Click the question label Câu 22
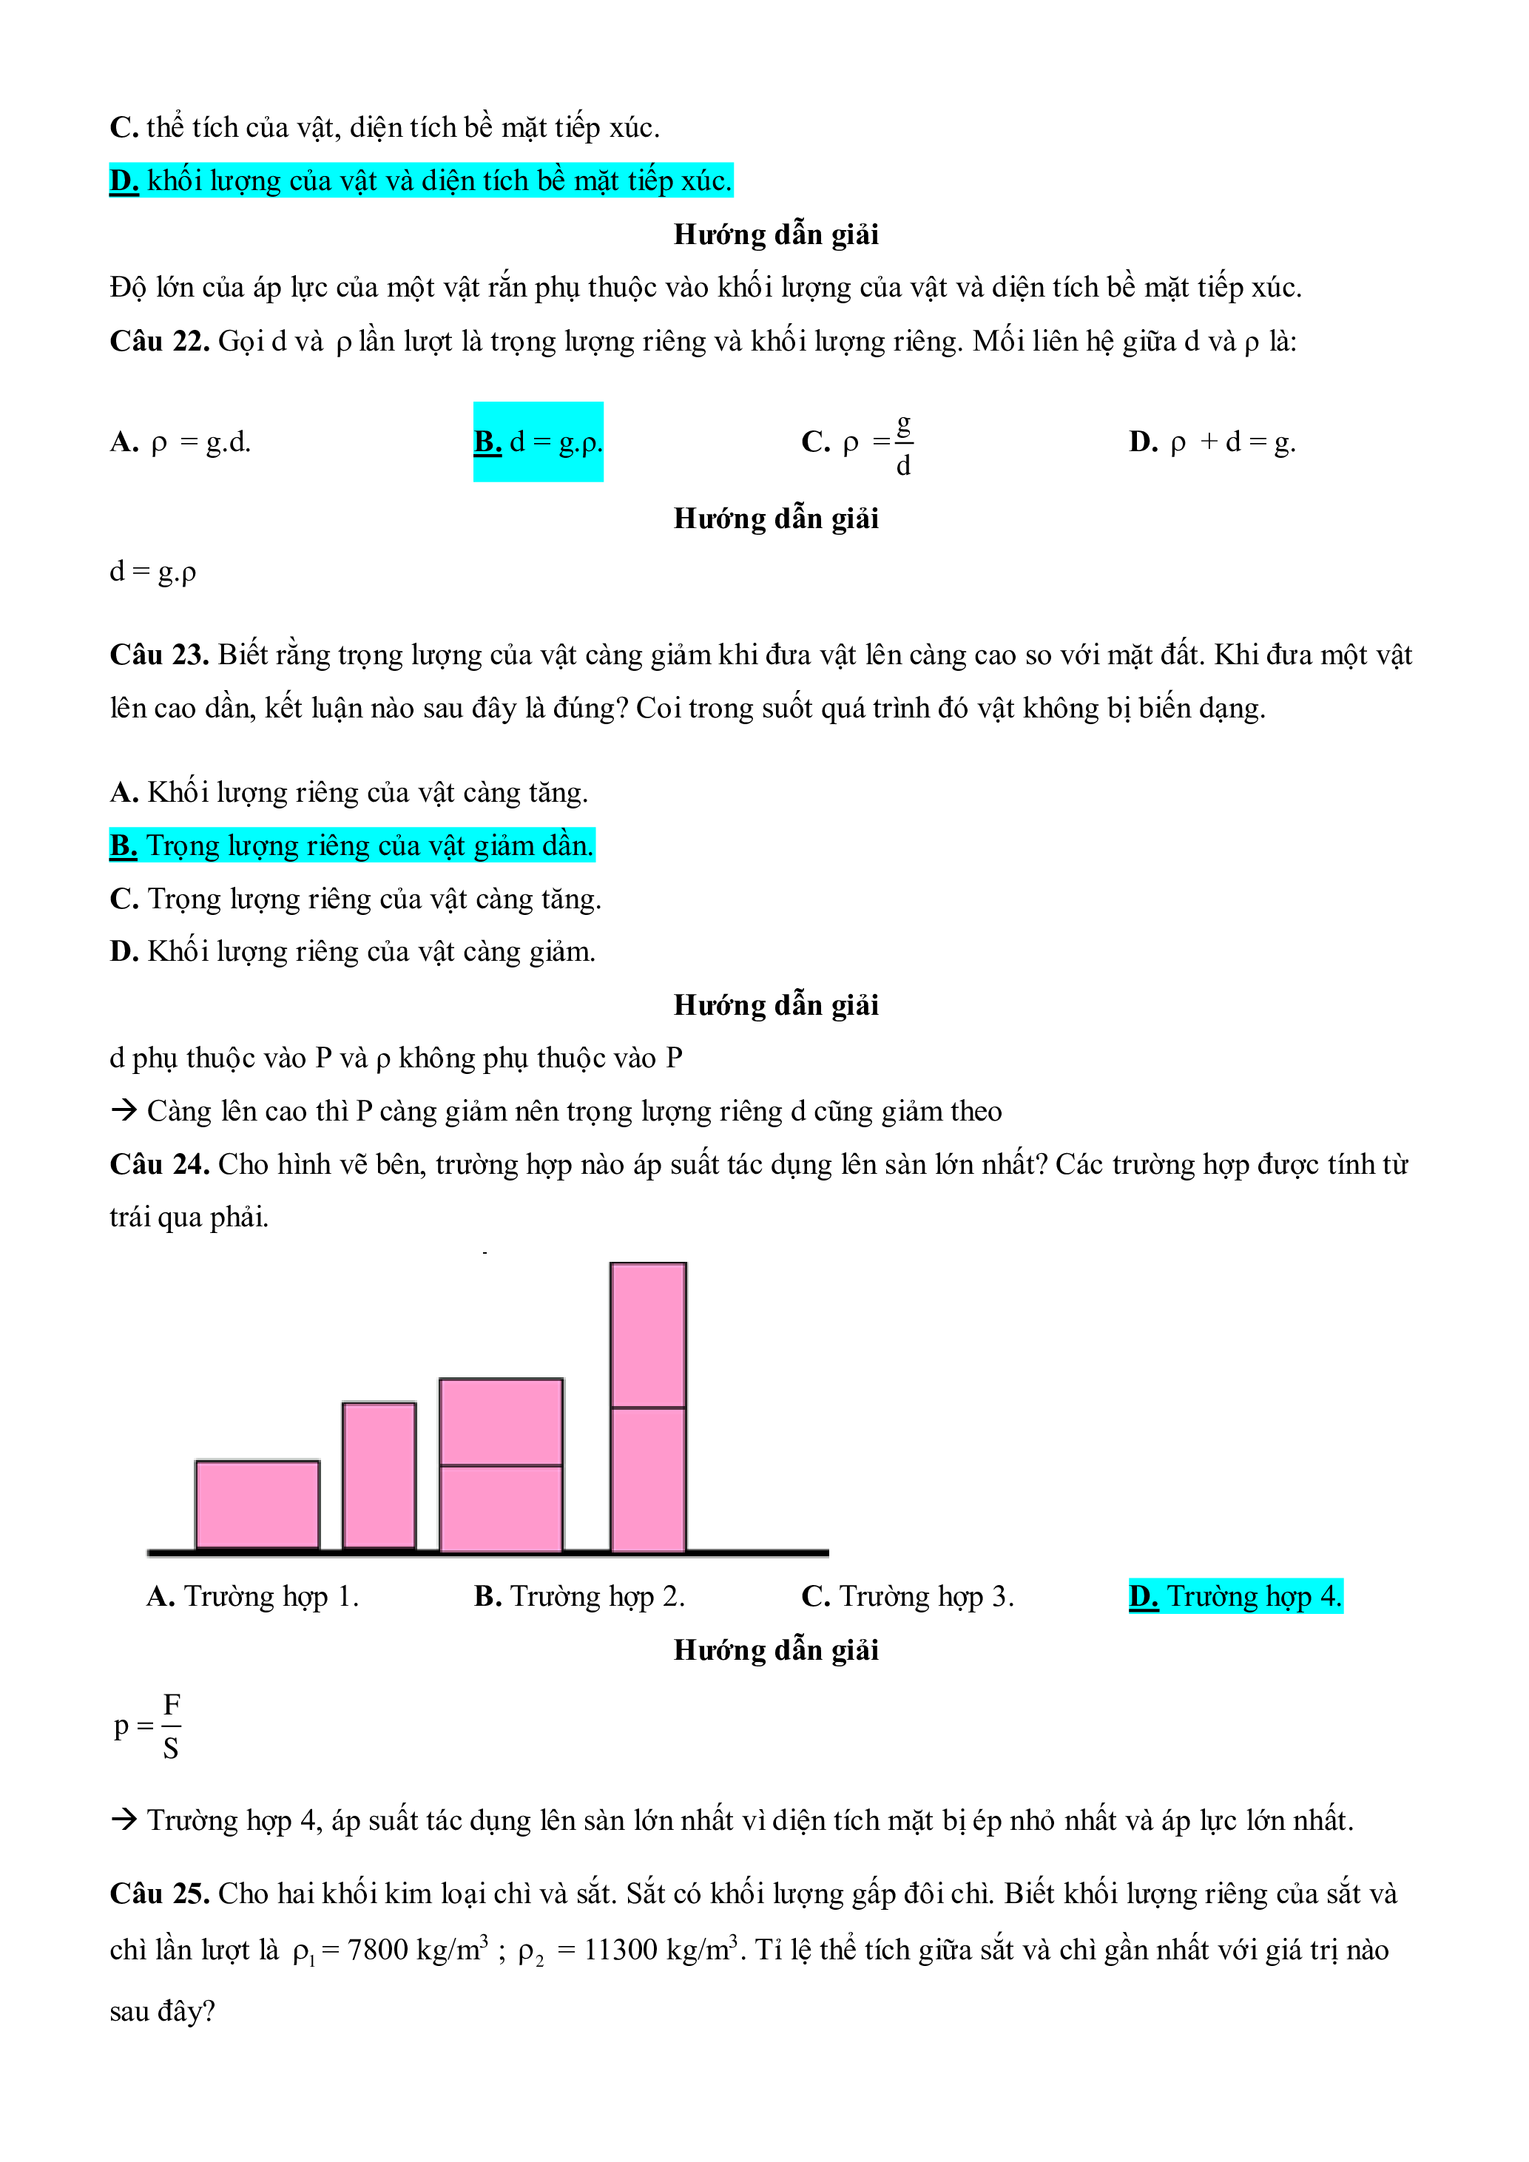point(159,341)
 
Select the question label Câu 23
point(159,655)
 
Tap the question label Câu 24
point(159,1164)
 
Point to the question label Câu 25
point(159,1893)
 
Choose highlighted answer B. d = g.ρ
point(538,442)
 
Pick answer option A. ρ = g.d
point(180,442)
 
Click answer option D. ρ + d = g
point(1212,442)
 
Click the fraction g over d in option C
point(903,445)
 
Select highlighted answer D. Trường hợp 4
point(1235,1596)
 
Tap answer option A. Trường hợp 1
point(252,1596)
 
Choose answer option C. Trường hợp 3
point(907,1596)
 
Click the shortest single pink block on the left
point(257,1504)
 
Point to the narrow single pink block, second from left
point(379,1475)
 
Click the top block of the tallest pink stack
point(648,1335)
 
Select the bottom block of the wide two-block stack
point(501,1507)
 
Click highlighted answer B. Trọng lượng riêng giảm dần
point(352,845)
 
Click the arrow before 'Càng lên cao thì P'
point(124,1111)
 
